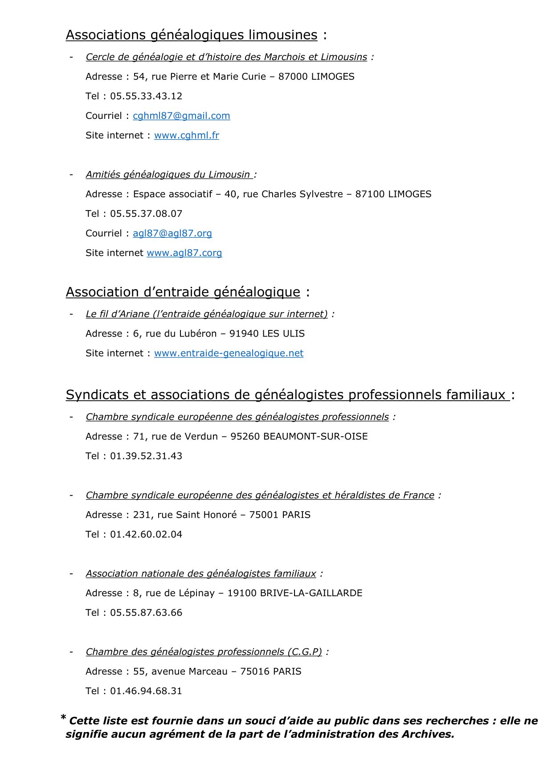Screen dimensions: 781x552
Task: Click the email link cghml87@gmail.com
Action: click(181, 116)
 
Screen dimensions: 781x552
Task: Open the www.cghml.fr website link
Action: click(186, 135)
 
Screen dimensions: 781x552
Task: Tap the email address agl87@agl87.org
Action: click(172, 233)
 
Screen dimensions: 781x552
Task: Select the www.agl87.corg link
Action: click(184, 253)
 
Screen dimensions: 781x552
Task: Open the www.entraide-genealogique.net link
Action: click(229, 353)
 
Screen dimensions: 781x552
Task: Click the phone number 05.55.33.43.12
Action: click(146, 96)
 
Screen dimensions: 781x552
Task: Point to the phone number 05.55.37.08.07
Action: click(146, 214)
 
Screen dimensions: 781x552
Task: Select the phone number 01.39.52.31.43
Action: click(146, 456)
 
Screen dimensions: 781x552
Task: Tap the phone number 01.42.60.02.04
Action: click(146, 534)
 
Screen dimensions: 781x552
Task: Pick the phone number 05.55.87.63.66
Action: click(146, 613)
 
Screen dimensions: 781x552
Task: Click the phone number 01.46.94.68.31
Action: click(146, 691)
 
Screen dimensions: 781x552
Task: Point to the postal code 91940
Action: click(244, 334)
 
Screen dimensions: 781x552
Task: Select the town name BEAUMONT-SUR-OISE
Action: click(315, 436)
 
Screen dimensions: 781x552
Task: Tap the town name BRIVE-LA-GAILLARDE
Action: click(311, 593)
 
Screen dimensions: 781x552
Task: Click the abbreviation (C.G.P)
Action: click(304, 652)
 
